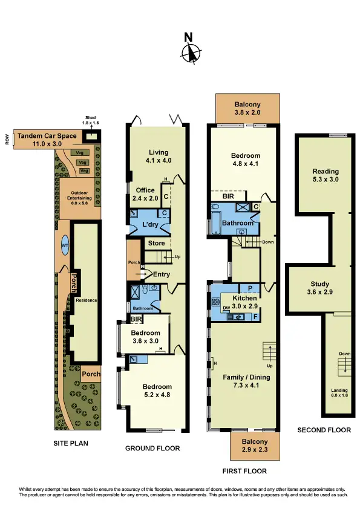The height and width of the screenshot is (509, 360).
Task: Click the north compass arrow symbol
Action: click(191, 53)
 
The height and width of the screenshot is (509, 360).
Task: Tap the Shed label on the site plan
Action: click(91, 120)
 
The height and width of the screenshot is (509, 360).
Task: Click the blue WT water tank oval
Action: click(65, 245)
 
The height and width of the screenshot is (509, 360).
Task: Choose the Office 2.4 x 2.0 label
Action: click(145, 194)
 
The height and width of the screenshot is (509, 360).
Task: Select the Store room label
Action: click(156, 244)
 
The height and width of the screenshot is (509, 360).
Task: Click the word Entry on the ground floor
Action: click(162, 274)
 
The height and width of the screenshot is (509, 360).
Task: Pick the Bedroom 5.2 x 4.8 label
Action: click(157, 391)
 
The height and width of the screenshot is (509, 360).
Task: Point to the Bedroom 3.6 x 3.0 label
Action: click(146, 337)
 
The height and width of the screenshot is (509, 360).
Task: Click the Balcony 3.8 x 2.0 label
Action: click(247, 109)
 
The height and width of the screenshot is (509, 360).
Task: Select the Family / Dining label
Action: click(246, 381)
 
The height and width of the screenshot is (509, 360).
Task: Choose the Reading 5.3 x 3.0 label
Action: click(325, 175)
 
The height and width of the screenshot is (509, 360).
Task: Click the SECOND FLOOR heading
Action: click(324, 430)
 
